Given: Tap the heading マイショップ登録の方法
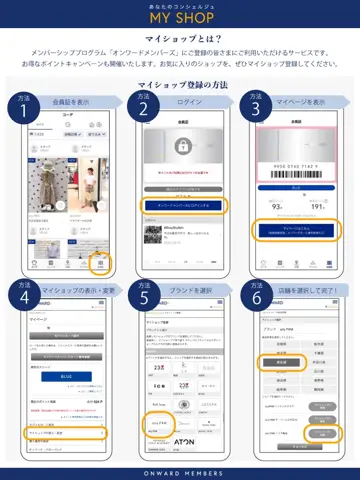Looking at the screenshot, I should [x=180, y=87].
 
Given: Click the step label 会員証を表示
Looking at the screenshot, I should [x=67, y=102].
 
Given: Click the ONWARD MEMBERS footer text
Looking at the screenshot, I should [x=180, y=472].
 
